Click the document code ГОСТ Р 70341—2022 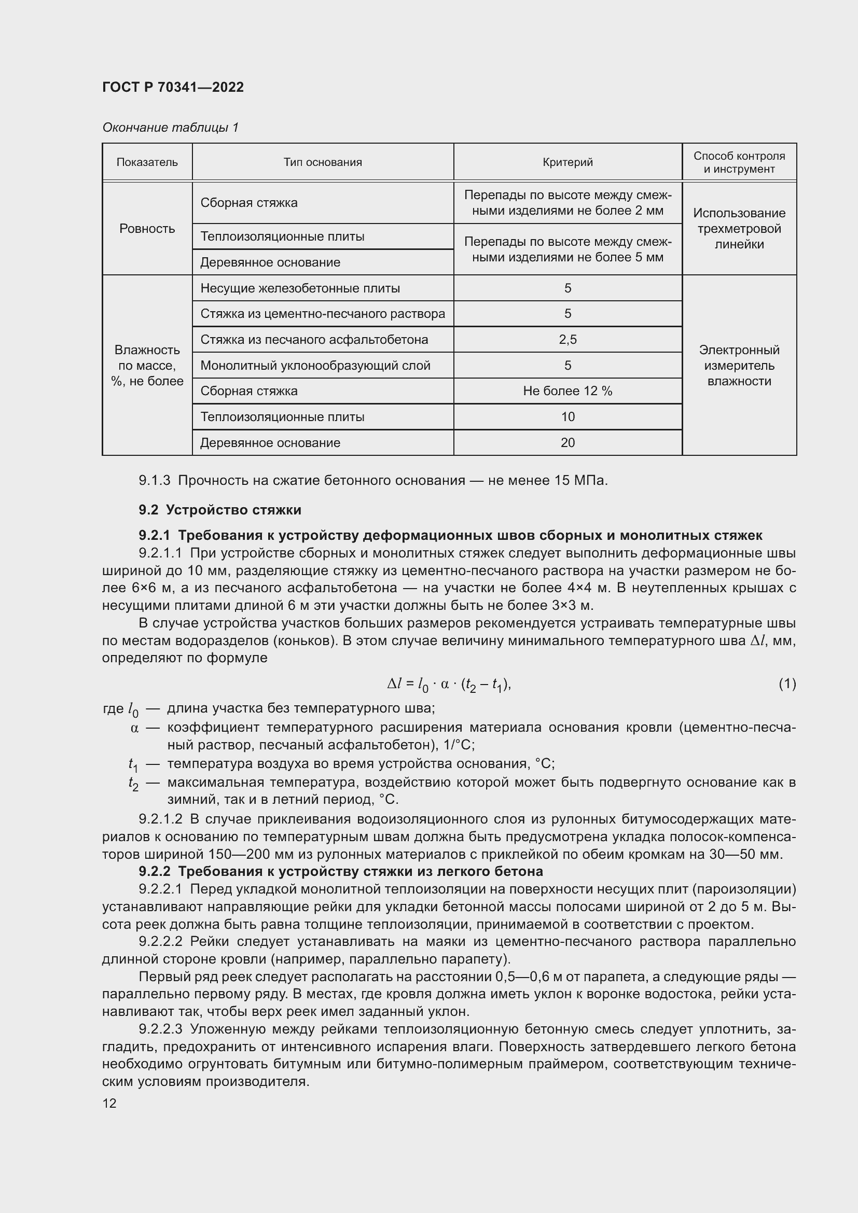173,87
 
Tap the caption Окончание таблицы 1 170,128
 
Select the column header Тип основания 322,162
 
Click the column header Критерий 568,162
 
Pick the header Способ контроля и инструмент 739,162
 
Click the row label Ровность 147,229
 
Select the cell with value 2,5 568,340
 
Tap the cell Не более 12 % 568,391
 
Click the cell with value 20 568,443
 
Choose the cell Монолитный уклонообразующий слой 315,366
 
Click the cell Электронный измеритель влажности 739,366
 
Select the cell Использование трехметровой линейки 739,229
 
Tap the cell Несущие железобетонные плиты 299,288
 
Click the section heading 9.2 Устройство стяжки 220,510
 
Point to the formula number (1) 787,684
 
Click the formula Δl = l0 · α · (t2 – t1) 449,685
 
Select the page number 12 109,1103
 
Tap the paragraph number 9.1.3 154,481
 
